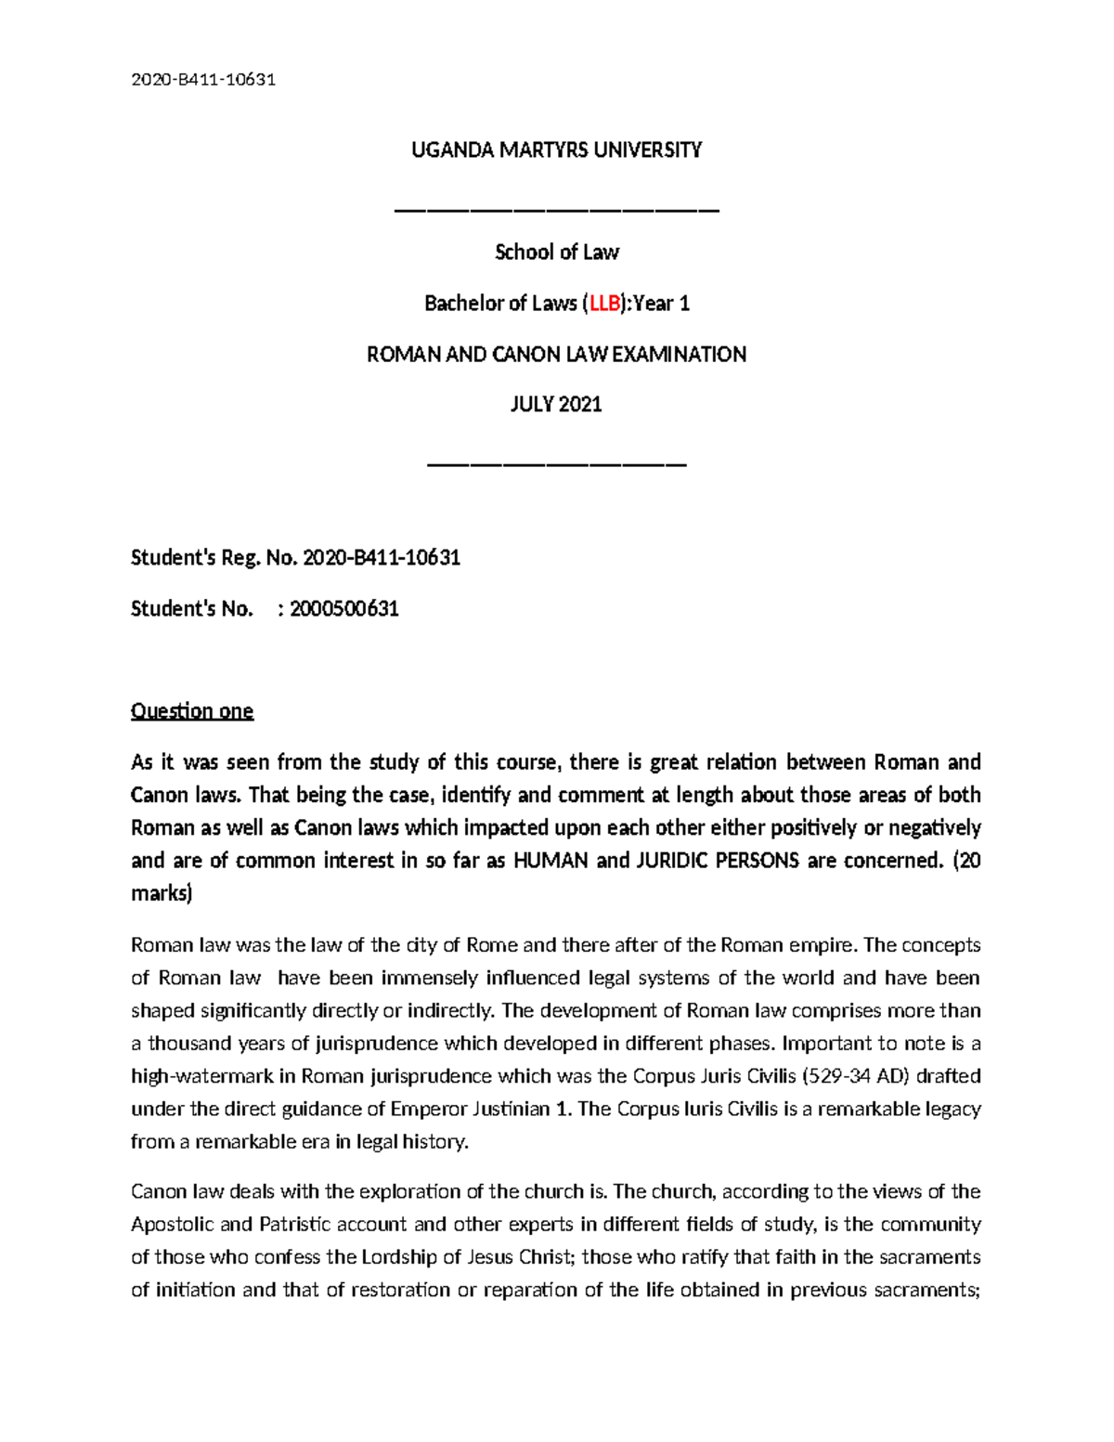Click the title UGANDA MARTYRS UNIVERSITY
tap(557, 149)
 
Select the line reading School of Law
tap(557, 252)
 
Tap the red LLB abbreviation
tap(604, 303)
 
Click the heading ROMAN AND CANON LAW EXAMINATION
tap(557, 354)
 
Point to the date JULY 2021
tap(557, 405)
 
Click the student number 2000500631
tap(344, 609)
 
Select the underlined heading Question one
tap(192, 711)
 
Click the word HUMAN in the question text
tap(551, 860)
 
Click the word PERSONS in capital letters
tap(762, 860)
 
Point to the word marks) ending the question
tap(162, 893)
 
